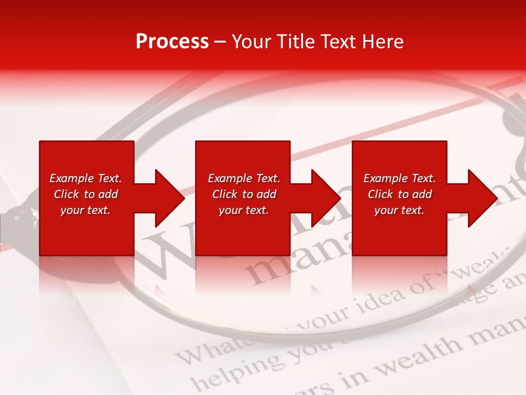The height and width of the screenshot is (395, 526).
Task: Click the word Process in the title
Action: pyautogui.click(x=172, y=42)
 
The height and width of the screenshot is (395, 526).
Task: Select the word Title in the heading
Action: pyautogui.click(x=297, y=42)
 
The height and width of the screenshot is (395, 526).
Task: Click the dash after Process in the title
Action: pyautogui.click(x=220, y=42)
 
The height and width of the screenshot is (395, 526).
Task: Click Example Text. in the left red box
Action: pyautogui.click(x=85, y=178)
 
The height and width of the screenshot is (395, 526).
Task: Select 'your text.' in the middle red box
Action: pyautogui.click(x=243, y=210)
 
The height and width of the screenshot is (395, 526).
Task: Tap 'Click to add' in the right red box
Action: pyautogui.click(x=399, y=194)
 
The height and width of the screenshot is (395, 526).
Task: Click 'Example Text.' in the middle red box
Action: pyautogui.click(x=243, y=178)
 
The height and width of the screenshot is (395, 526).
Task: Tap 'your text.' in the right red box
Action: pyautogui.click(x=399, y=210)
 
